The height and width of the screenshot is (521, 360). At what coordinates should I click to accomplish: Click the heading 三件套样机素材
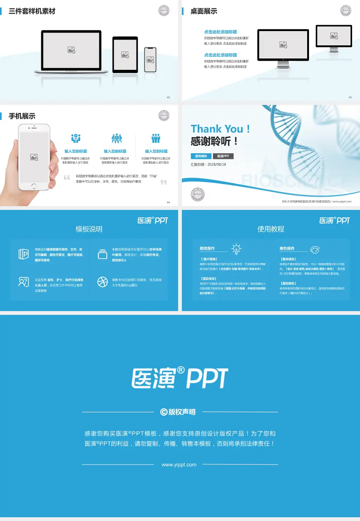pos(32,11)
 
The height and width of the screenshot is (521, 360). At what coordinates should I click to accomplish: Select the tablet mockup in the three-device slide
pos(125,55)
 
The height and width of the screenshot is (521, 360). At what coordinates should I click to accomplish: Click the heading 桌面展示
pos(204,11)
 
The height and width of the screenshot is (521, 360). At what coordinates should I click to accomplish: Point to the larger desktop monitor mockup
pos(283,45)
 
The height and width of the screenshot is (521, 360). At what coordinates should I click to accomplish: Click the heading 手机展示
pos(22,116)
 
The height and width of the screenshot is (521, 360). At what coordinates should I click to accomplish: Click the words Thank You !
pos(220,129)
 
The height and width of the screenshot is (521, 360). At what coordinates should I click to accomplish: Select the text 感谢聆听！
pos(214,141)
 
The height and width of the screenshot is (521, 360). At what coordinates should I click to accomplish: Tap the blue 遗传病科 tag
pos(201,156)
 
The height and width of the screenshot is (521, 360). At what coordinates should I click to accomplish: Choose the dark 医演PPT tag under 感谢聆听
pos(223,156)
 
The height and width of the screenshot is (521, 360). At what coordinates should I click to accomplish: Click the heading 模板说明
pos(89,229)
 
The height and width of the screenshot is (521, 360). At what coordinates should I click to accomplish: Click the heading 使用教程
pos(271,229)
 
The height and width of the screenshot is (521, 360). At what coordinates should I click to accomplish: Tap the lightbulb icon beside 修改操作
pos(236,249)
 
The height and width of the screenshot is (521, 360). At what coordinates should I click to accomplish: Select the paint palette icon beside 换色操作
pos(315,250)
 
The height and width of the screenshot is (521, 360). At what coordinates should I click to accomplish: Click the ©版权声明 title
pos(178,412)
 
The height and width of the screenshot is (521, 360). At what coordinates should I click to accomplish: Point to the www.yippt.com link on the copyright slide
pos(179,465)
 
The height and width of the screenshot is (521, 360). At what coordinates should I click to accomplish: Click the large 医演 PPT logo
pos(180,378)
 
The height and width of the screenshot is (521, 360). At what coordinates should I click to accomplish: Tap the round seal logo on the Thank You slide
pos(198,195)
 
